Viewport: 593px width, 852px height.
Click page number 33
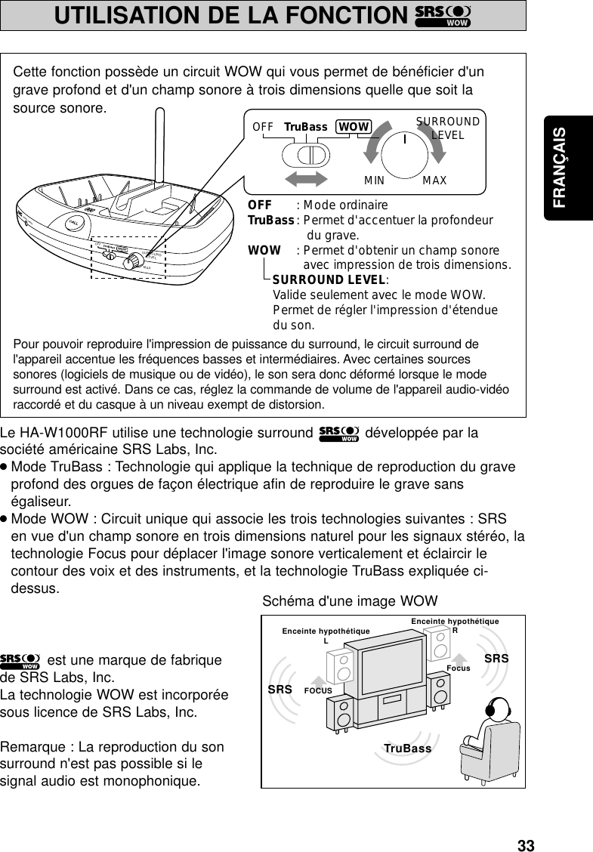coord(526,845)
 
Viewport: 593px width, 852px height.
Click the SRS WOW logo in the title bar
coord(443,15)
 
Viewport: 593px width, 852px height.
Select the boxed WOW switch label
coord(354,126)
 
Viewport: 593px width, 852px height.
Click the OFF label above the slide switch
coord(263,126)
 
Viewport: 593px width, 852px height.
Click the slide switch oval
coord(306,154)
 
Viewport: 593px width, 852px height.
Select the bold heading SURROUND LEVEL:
coord(329,281)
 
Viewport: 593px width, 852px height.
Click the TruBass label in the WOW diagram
coord(407,749)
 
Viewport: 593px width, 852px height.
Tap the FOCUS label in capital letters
coord(318,690)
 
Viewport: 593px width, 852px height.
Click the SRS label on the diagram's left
coord(280,690)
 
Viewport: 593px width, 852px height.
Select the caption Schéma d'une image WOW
coord(350,601)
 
